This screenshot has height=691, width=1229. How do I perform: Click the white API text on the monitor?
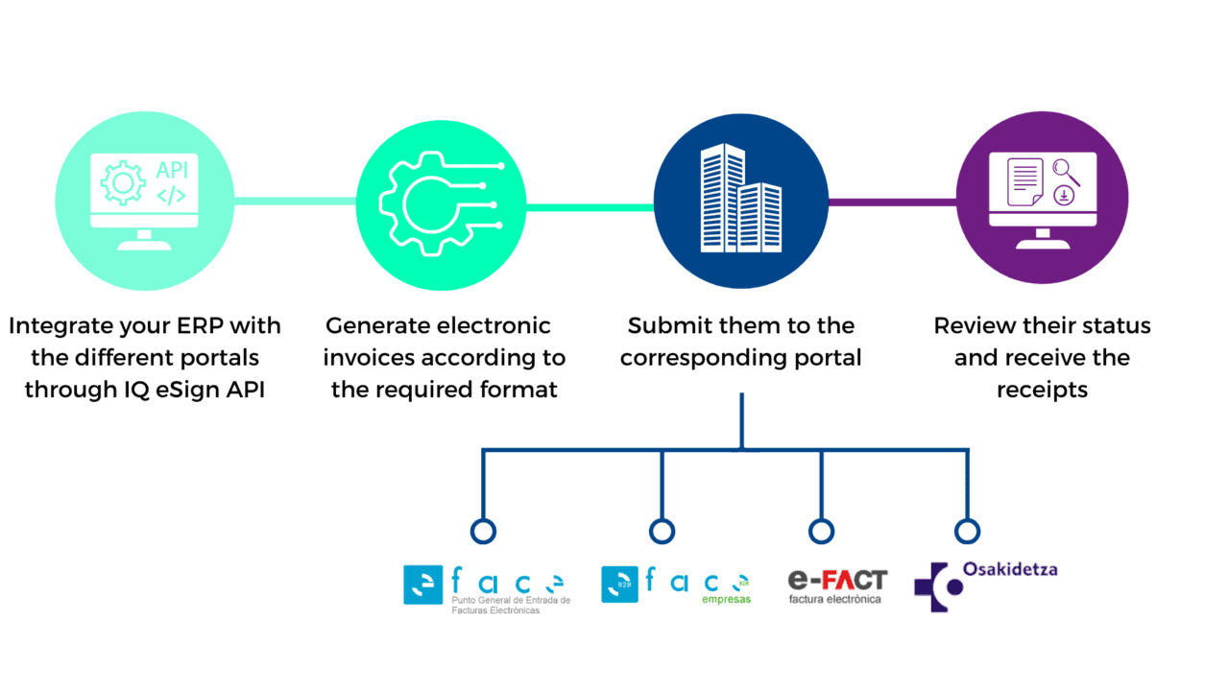(172, 170)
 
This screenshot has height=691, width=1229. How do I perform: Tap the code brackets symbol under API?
(172, 195)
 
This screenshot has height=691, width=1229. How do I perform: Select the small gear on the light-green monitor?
(123, 183)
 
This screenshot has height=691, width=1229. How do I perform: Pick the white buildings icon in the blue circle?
(740, 199)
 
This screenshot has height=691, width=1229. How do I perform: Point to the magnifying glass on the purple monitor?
(1066, 172)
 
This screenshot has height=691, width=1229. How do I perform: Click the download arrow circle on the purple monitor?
(1064, 195)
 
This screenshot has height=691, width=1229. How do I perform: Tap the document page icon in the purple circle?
(1024, 182)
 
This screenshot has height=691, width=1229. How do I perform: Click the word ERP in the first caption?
(197, 325)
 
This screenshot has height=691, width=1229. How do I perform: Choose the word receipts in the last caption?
(1042, 391)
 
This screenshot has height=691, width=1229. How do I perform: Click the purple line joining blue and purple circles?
(893, 203)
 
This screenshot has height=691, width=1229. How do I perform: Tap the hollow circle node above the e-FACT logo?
(821, 532)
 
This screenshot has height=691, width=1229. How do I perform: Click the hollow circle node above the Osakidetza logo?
(967, 532)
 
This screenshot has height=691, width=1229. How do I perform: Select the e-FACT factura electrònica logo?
(837, 586)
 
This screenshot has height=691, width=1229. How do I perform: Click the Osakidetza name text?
(1010, 569)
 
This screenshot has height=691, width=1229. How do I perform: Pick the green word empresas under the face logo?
(726, 600)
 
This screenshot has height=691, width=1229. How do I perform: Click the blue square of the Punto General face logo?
(423, 584)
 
